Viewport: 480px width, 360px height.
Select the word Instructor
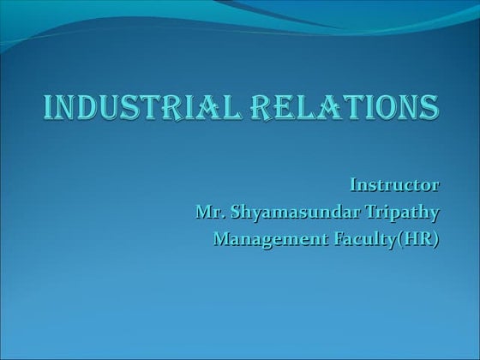click(395, 184)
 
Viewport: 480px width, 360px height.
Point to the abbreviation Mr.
click(209, 212)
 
